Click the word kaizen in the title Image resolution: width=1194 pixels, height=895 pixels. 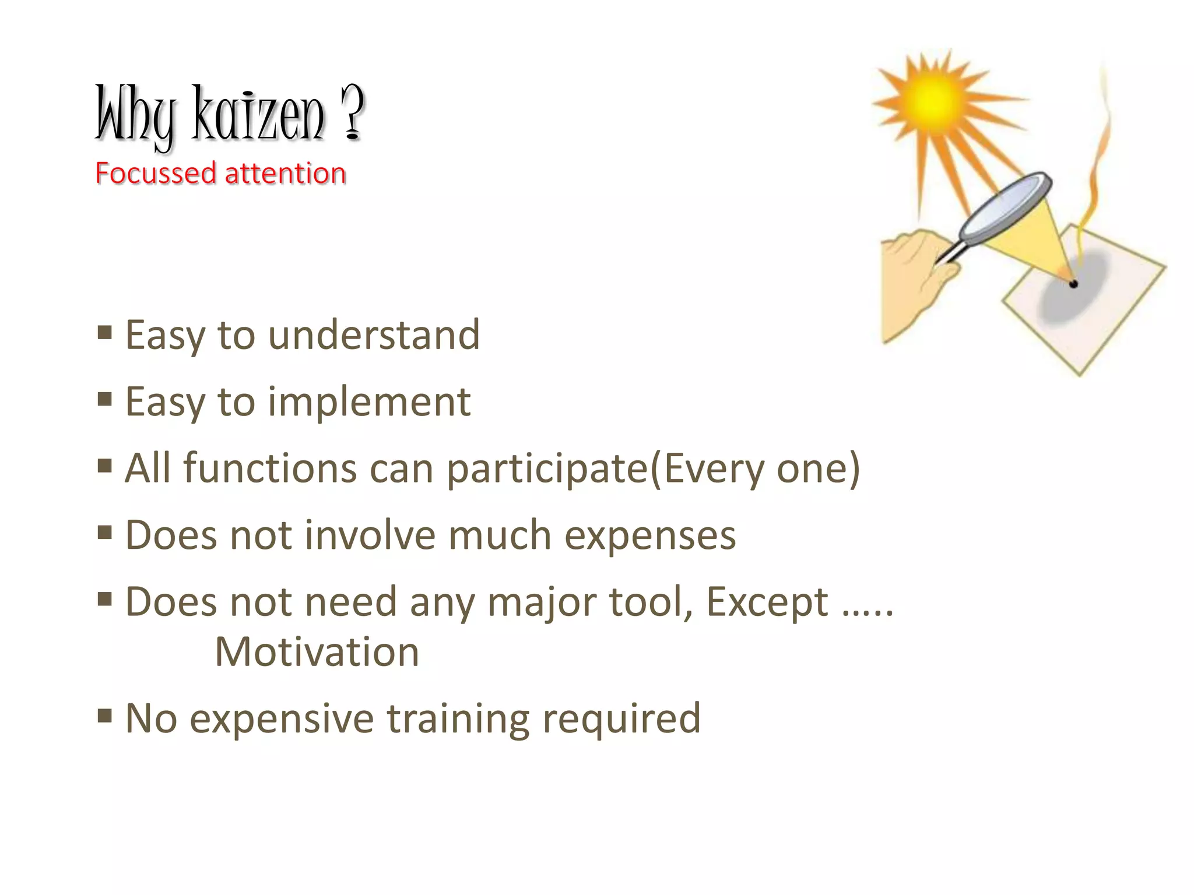(x=258, y=114)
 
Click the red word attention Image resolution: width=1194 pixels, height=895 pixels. (x=286, y=174)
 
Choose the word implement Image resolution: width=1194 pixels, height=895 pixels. (x=369, y=402)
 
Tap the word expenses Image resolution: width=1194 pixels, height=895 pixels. (x=650, y=535)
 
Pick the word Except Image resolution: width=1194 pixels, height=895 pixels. (x=767, y=602)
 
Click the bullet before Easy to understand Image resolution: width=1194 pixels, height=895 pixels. (x=105, y=333)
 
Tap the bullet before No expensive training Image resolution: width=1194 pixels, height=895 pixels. (x=105, y=716)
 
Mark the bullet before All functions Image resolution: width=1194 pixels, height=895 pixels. (x=105, y=466)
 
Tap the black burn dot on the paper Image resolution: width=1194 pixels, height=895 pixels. (x=1073, y=284)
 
